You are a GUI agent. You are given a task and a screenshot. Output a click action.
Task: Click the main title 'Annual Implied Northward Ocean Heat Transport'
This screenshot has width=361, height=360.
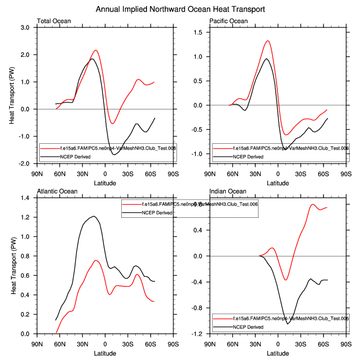(x=180, y=10)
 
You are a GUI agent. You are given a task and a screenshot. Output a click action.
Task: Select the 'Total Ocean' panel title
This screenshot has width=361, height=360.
(x=54, y=21)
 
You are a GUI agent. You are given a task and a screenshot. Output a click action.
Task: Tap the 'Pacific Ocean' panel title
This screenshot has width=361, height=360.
(x=229, y=21)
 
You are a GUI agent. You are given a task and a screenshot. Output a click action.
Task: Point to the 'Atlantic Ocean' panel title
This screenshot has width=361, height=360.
(x=57, y=192)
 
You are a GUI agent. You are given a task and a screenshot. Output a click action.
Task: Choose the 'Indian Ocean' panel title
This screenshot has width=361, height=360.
(x=228, y=192)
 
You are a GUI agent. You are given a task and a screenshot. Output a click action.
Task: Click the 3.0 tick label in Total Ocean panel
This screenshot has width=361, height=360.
(x=24, y=28)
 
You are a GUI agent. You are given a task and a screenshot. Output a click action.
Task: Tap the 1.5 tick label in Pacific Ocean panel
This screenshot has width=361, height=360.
(x=197, y=33)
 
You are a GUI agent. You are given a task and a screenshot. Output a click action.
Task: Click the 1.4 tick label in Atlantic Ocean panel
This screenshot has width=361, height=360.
(x=24, y=199)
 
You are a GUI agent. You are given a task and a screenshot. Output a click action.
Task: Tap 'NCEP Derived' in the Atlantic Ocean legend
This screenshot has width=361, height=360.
(x=157, y=212)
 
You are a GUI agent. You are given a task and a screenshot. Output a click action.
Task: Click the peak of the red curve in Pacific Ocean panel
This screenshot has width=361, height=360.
(x=267, y=41)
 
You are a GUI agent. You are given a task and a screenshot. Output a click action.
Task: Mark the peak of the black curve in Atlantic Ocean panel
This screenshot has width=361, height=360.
(x=94, y=216)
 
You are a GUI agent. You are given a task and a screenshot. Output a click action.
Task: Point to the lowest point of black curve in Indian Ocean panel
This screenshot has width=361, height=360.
(x=288, y=324)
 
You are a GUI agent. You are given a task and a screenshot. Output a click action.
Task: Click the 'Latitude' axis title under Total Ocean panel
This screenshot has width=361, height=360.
(x=105, y=182)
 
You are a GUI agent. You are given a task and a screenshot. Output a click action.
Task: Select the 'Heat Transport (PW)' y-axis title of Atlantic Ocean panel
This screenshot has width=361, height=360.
(x=12, y=266)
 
